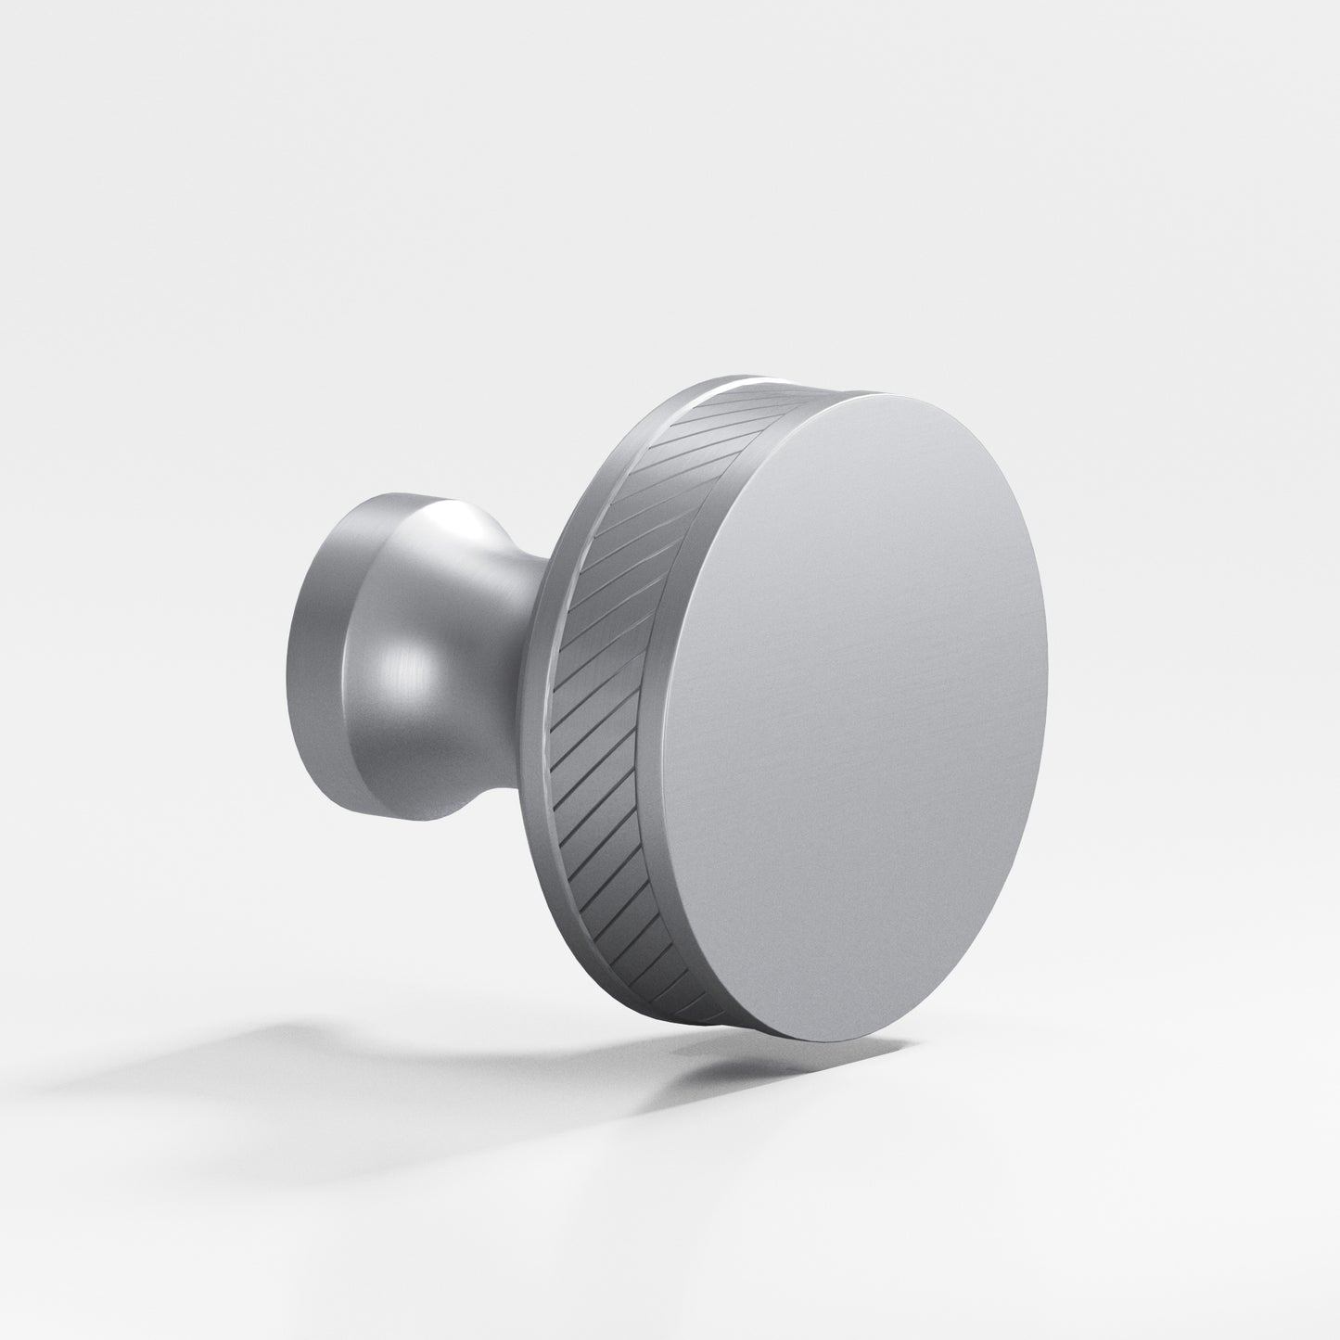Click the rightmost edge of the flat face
pyautogui.click(x=1047, y=593)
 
